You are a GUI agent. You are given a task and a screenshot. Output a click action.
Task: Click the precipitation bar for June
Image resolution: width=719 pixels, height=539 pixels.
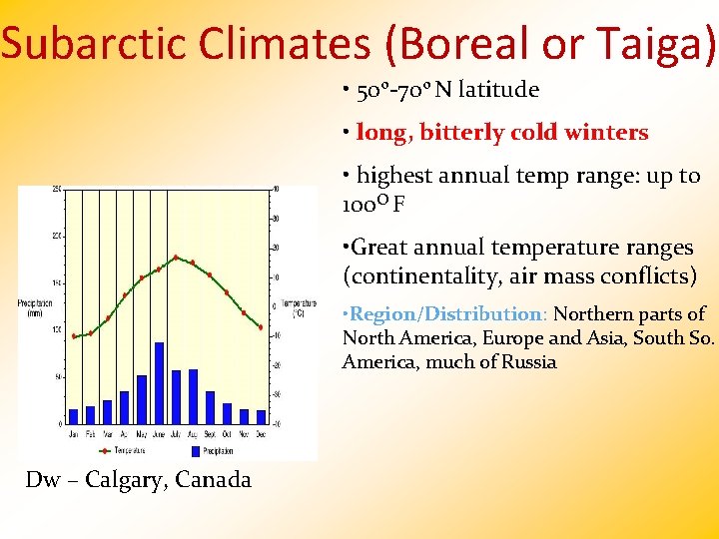click(x=159, y=383)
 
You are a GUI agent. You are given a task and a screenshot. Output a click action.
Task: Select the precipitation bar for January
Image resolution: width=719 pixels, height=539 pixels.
click(x=73, y=416)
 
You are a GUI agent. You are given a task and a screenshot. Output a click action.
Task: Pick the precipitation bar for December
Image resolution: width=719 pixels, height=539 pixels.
click(x=261, y=416)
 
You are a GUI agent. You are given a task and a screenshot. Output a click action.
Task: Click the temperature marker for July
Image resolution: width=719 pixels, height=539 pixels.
click(x=176, y=258)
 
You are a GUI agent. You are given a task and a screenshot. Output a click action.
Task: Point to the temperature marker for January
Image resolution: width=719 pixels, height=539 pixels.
click(x=73, y=336)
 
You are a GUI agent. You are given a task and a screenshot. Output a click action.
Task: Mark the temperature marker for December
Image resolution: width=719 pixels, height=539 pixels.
click(x=261, y=327)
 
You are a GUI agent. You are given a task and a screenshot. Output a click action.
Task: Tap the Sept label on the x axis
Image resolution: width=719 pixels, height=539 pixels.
click(x=210, y=434)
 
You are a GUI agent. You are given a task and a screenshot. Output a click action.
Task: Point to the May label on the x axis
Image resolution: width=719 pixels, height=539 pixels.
click(x=142, y=434)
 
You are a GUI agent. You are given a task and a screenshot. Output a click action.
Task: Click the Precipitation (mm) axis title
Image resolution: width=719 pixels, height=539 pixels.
click(x=36, y=307)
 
